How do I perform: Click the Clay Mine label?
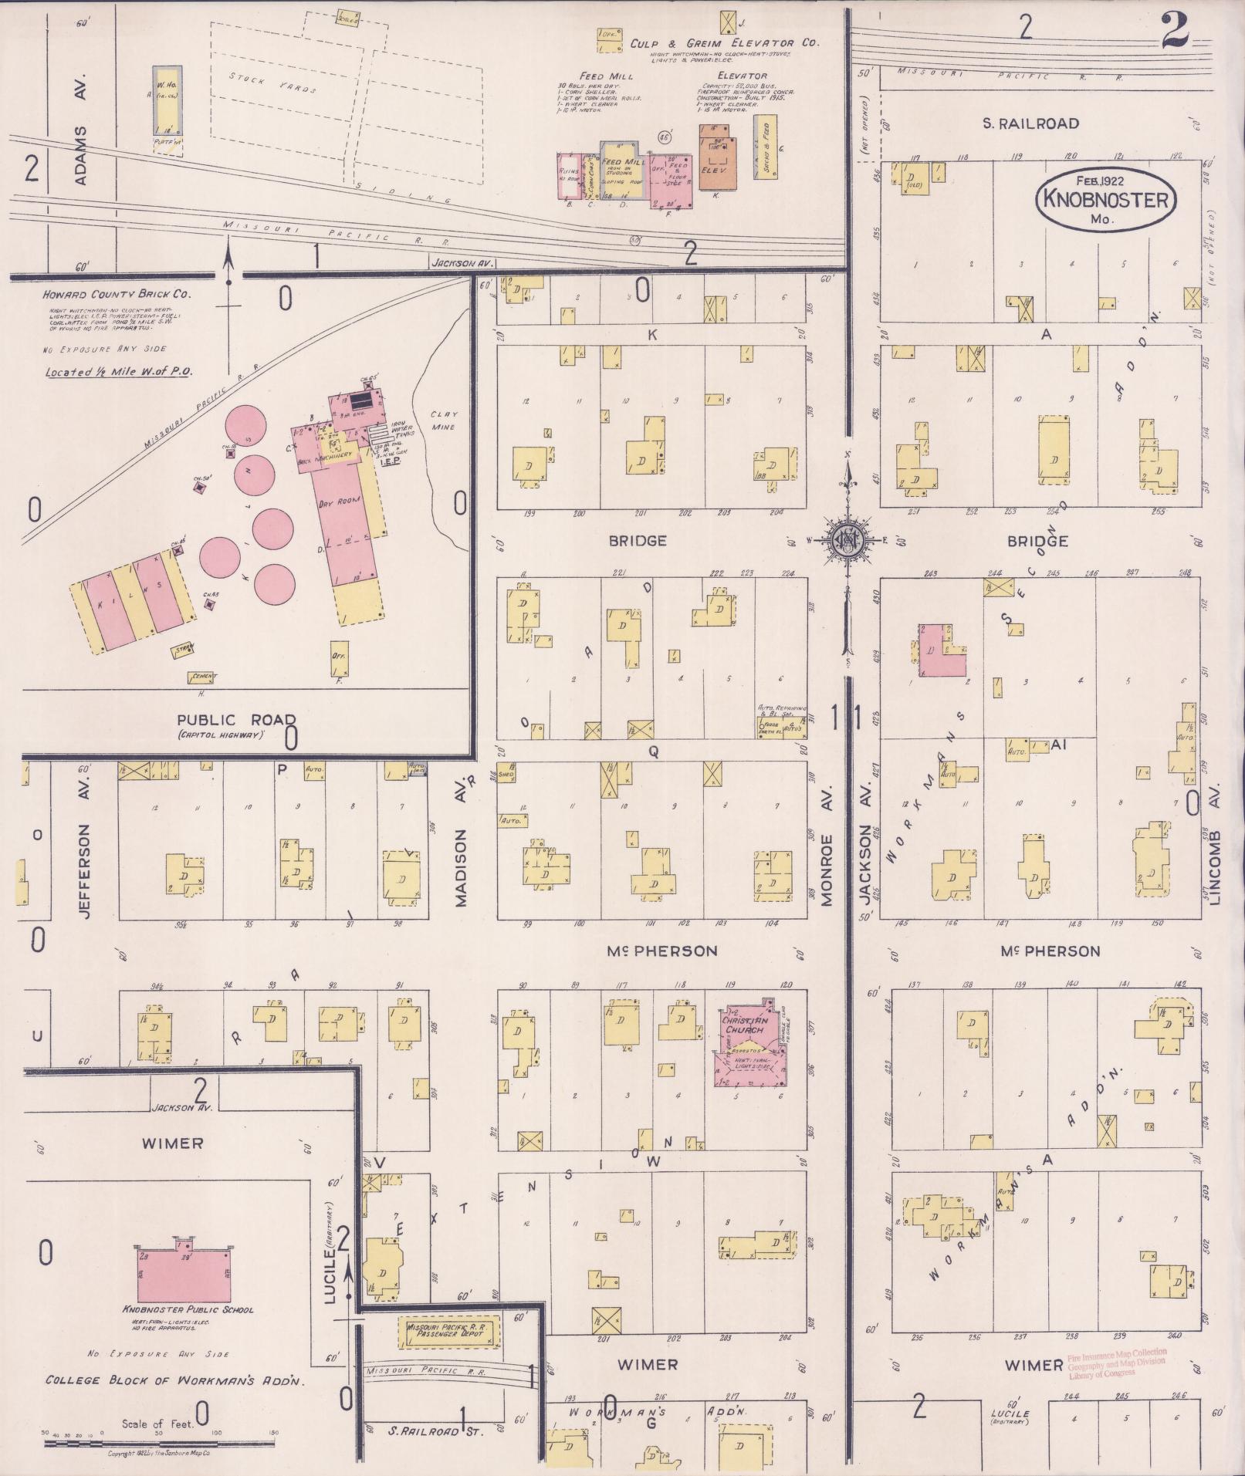(444, 420)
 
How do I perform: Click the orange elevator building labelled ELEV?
(718, 160)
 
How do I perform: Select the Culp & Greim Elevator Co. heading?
(723, 44)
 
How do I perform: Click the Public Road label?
(236, 720)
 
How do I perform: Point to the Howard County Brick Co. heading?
(118, 294)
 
